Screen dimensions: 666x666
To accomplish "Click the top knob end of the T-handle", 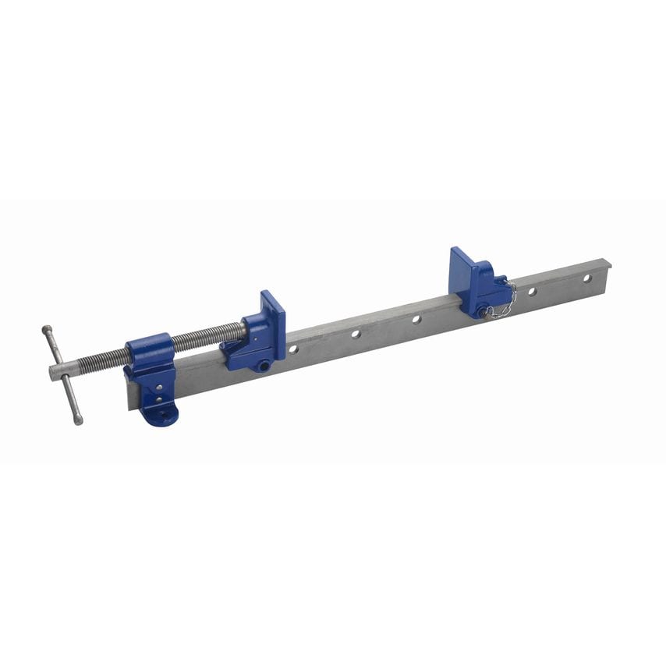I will point(47,329).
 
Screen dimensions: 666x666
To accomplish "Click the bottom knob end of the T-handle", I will point(79,421).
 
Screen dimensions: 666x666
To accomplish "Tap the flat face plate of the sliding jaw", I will point(273,320).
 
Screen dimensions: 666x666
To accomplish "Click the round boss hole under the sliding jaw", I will point(264,364).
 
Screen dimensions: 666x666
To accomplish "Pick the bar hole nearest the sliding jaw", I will point(294,349).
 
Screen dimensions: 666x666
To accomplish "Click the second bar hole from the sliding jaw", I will point(356,334).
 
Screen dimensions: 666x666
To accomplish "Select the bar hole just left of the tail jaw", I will point(416,319).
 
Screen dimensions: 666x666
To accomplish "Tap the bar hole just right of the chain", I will point(532,292).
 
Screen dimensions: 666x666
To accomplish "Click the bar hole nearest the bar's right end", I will point(587,278).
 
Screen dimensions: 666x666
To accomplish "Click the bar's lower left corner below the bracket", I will point(126,405).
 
